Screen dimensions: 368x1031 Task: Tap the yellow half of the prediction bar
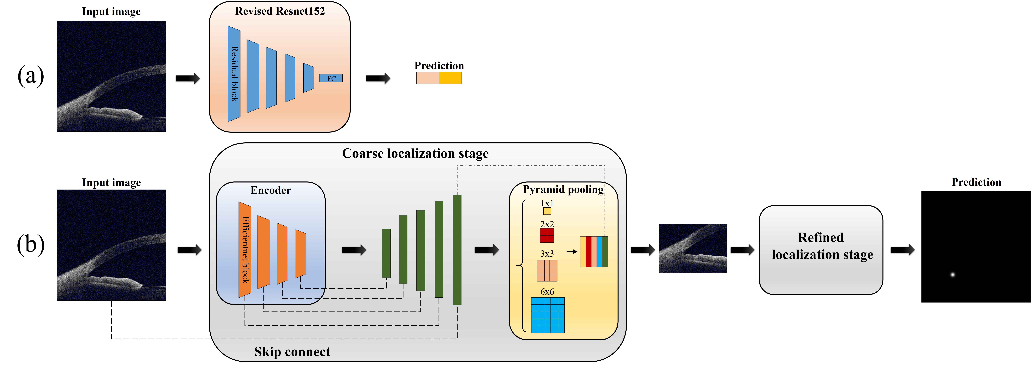tap(450, 78)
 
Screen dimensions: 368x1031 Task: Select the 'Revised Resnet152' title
tap(280, 11)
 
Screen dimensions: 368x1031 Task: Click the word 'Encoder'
tap(271, 190)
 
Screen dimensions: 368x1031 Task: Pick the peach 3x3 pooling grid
tap(547, 271)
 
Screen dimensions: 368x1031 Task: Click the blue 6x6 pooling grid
tap(547, 315)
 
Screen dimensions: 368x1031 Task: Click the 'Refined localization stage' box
tap(821, 250)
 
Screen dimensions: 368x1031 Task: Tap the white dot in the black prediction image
tap(953, 275)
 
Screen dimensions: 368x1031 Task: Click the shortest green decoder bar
tap(386, 253)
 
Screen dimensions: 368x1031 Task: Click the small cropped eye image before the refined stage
tap(693, 248)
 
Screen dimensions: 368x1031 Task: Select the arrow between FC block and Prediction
tap(378, 78)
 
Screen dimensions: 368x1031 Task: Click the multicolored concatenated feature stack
tap(594, 252)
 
